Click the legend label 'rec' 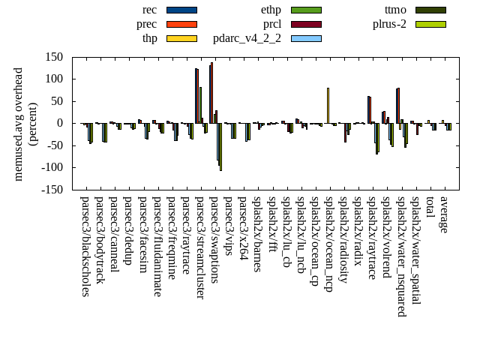(x=149, y=10)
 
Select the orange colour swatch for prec (x=181, y=24)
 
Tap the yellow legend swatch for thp (x=181, y=38)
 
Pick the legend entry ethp (x=271, y=10)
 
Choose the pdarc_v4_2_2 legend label (x=247, y=38)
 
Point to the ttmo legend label (x=394, y=10)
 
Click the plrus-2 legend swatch (x=430, y=24)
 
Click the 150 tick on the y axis (x=52, y=57)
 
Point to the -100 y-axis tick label (x=49, y=167)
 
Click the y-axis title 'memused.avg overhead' (x=19, y=124)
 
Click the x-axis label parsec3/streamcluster (x=199, y=247)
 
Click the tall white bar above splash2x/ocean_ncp (x=328, y=106)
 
